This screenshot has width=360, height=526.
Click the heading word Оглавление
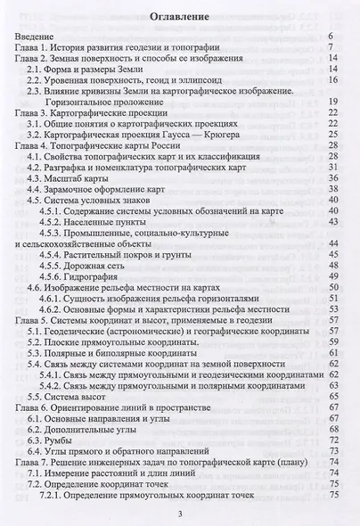[x=179, y=17]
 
